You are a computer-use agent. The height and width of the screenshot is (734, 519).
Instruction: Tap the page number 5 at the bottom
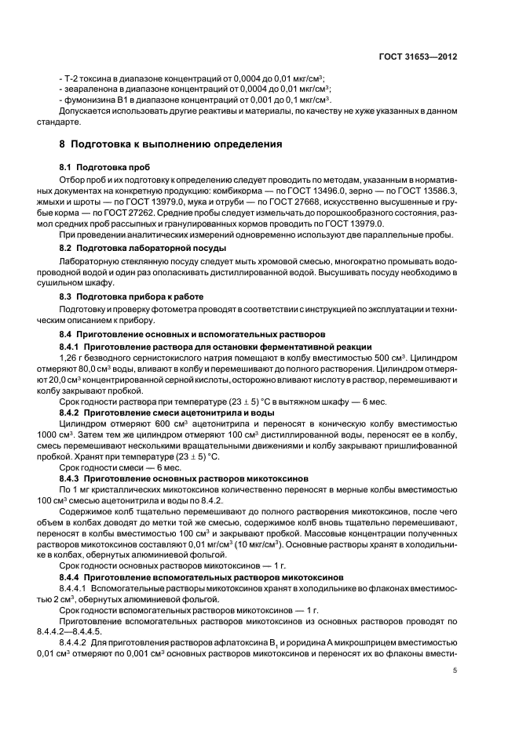(455, 670)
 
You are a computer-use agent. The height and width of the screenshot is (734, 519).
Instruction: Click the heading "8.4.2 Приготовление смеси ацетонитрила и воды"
(166, 412)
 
